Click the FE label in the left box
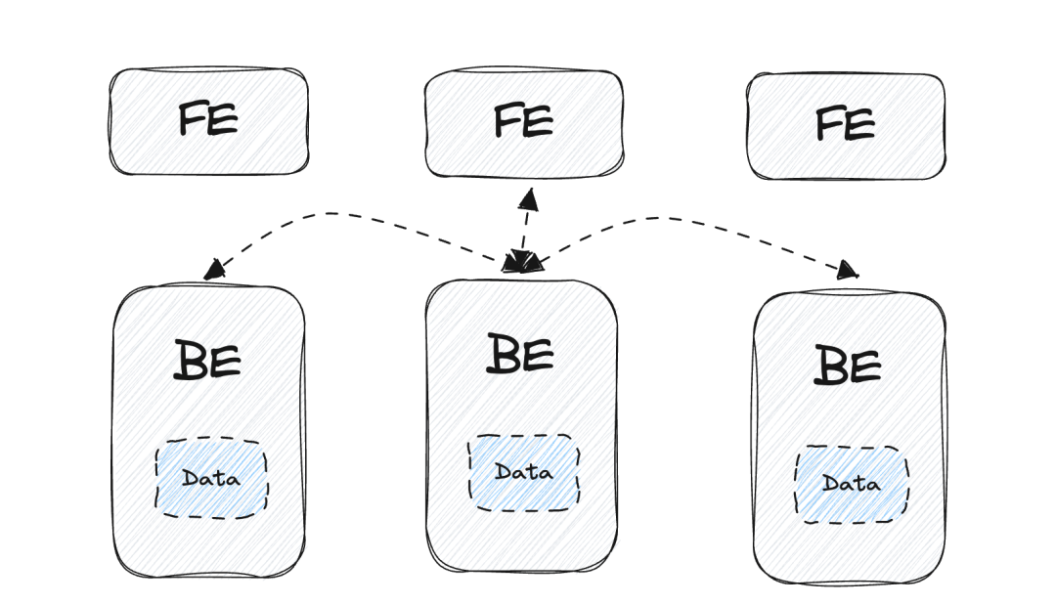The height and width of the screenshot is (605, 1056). (x=208, y=120)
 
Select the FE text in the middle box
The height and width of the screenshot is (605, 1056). (x=523, y=121)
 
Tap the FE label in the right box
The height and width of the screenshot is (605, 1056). (x=845, y=125)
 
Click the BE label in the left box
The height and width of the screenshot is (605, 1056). (x=207, y=360)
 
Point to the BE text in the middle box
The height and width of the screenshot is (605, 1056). (x=520, y=353)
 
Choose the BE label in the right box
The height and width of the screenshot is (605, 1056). (x=847, y=366)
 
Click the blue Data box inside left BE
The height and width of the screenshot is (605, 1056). (x=211, y=479)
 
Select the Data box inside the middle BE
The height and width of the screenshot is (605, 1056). (x=523, y=473)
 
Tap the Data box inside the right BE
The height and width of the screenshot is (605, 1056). (x=851, y=484)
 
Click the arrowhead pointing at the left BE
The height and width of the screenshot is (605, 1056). (x=213, y=270)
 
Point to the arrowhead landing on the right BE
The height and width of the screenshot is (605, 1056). (x=848, y=271)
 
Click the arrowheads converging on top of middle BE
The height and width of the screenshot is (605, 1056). (x=522, y=262)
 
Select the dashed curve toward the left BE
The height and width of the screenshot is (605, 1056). (x=332, y=214)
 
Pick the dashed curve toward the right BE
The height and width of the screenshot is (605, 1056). (x=675, y=220)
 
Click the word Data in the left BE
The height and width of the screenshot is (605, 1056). (x=211, y=479)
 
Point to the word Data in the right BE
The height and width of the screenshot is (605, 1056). (x=851, y=484)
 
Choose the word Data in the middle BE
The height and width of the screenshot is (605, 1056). (x=523, y=473)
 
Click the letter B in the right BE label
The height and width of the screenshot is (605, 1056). (x=829, y=367)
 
